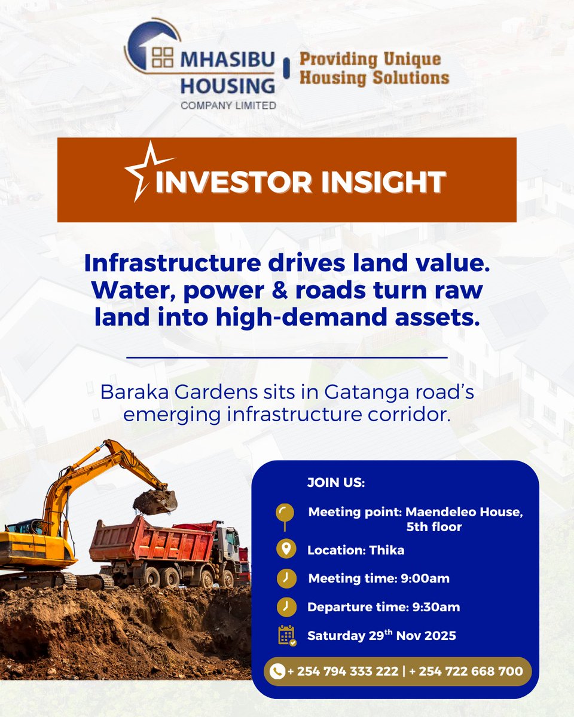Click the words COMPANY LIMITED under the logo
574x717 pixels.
point(228,105)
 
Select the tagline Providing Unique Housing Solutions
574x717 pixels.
point(374,69)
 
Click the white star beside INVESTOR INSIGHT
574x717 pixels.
point(145,171)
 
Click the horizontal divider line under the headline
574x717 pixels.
point(287,357)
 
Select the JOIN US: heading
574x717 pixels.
point(335,483)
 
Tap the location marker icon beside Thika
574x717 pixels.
point(285,550)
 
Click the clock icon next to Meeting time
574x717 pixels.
point(285,578)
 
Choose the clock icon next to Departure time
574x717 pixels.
point(285,607)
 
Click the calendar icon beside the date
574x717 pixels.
point(286,635)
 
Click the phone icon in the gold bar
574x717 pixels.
point(277,672)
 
